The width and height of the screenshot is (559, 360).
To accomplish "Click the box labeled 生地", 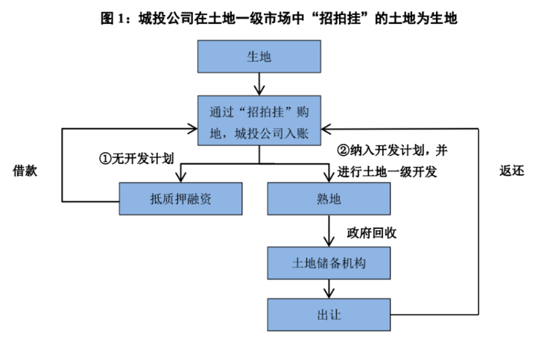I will pos(259,57).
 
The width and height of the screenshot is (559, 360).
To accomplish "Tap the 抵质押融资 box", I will pos(181,199).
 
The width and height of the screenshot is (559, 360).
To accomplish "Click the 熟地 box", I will pos(329,199).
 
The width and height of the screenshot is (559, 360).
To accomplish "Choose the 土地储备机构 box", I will pos(329,264).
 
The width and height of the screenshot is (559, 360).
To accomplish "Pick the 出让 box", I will pos(329,315).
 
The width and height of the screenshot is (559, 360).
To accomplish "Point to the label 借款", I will pos(25,170).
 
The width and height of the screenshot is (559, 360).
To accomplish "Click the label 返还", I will pos(511,170).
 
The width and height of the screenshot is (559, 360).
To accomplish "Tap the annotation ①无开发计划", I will pos(137,159).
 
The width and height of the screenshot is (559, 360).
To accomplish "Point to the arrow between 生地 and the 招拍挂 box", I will pos(259,83).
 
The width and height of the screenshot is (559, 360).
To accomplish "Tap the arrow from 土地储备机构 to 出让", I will pos(329,289).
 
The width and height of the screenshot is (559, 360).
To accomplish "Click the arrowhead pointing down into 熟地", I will pos(329,176).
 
